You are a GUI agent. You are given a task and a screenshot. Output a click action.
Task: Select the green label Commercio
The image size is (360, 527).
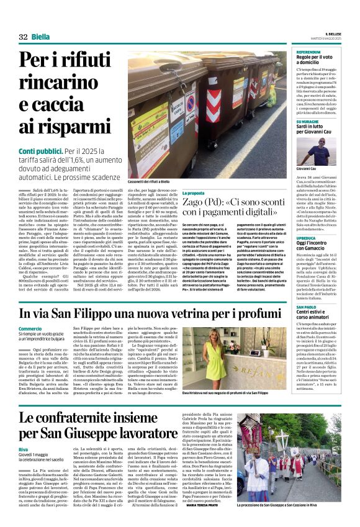pyautogui.click(x=30, y=328)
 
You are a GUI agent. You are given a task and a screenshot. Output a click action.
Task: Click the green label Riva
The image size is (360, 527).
pyautogui.click(x=23, y=448)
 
